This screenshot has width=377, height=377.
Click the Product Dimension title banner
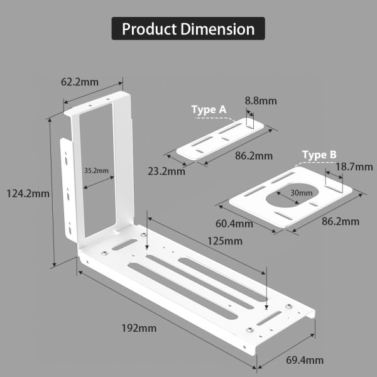(x=188, y=29)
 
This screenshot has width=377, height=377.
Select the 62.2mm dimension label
(x=79, y=82)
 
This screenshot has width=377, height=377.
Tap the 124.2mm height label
(x=25, y=194)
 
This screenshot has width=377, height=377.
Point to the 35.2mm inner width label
(x=96, y=170)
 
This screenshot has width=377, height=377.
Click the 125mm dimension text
(x=224, y=241)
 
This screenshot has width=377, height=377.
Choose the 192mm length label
(x=139, y=327)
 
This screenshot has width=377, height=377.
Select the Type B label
(x=319, y=155)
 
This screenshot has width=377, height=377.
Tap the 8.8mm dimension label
(x=261, y=101)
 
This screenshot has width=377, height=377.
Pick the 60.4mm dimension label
(x=234, y=223)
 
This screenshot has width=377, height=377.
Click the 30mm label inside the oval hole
(x=301, y=192)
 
